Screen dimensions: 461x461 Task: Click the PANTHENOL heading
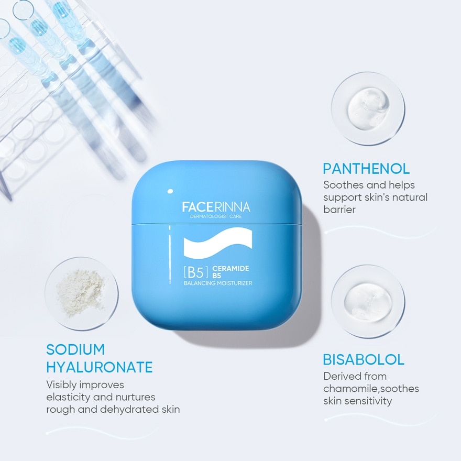(366, 169)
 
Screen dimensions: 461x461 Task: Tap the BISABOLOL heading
(364, 360)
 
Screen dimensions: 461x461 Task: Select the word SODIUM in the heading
(75, 349)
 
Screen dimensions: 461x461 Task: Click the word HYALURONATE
(100, 367)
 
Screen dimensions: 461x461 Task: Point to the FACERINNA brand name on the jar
(216, 207)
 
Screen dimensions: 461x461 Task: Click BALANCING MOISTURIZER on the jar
(218, 283)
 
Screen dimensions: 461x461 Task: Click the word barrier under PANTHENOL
(339, 210)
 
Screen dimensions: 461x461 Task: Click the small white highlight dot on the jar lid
(169, 191)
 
